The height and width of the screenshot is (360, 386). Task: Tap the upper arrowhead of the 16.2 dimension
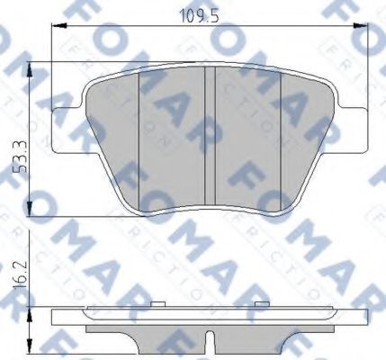click(32, 311)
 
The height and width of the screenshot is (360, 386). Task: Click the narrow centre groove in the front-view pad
click(211, 135)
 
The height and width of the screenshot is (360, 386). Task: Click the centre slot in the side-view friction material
click(211, 340)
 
